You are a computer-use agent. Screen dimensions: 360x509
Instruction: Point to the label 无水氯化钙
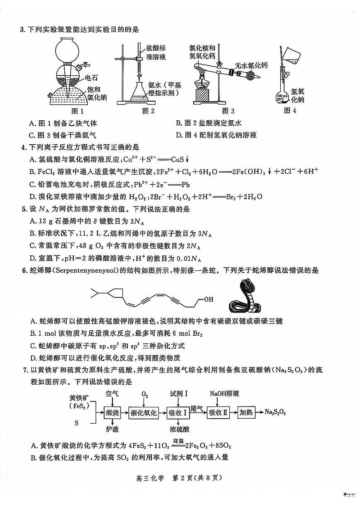coord(251,65)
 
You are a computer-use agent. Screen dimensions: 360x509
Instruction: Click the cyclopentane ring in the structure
coord(116,294)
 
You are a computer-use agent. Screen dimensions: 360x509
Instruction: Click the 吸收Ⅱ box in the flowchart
coord(218,413)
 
